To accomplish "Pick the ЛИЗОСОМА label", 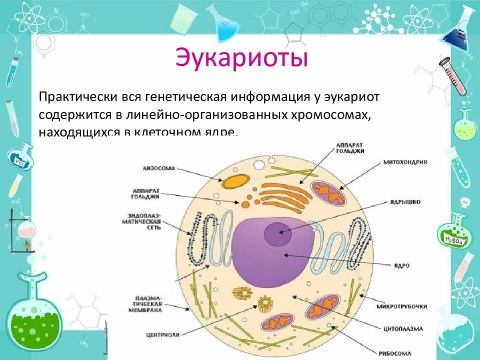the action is [x=159, y=168].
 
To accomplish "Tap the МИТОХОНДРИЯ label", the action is [x=405, y=162].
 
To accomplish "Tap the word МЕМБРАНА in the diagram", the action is [x=147, y=310].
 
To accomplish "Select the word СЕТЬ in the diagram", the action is [x=153, y=227].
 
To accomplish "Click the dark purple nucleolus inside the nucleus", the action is [x=277, y=232].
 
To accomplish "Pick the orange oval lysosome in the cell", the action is [x=235, y=181].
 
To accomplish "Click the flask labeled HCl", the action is [x=20, y=157].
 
